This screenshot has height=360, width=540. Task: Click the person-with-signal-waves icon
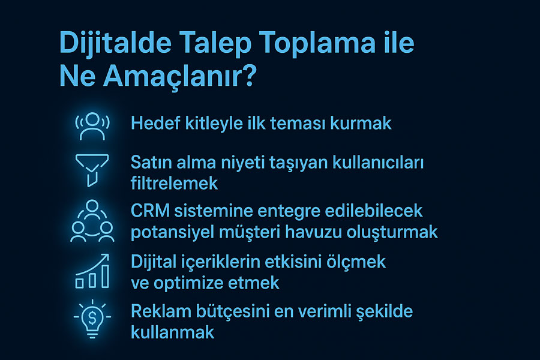point(92,126)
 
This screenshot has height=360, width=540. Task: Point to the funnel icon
point(92,170)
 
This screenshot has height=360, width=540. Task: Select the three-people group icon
point(92,221)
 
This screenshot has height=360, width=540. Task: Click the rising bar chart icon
point(92,271)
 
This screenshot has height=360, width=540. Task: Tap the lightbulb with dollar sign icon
point(92,319)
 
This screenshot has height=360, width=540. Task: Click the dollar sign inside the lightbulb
point(92,317)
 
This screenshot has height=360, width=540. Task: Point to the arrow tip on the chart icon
point(108,254)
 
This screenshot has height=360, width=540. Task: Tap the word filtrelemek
point(174,183)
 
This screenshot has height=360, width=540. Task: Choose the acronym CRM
point(150,211)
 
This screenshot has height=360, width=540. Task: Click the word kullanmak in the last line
point(173,332)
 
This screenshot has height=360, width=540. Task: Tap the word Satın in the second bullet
point(151,162)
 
